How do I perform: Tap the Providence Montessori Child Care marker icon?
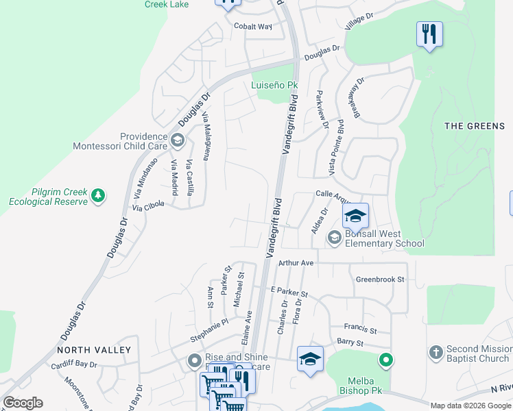[178, 141]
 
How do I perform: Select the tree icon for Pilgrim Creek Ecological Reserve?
[99, 197]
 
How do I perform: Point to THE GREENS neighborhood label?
[475, 126]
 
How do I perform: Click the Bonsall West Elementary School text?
[384, 238]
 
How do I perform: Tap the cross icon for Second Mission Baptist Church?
[435, 353]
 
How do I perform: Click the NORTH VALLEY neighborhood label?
[94, 349]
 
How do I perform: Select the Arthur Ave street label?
[296, 262]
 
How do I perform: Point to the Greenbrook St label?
[381, 279]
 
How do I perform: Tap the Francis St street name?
[361, 327]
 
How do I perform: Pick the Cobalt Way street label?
[253, 27]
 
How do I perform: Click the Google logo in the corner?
[23, 403]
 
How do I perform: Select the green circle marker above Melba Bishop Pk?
[386, 359]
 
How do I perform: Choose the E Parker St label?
[289, 292]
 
